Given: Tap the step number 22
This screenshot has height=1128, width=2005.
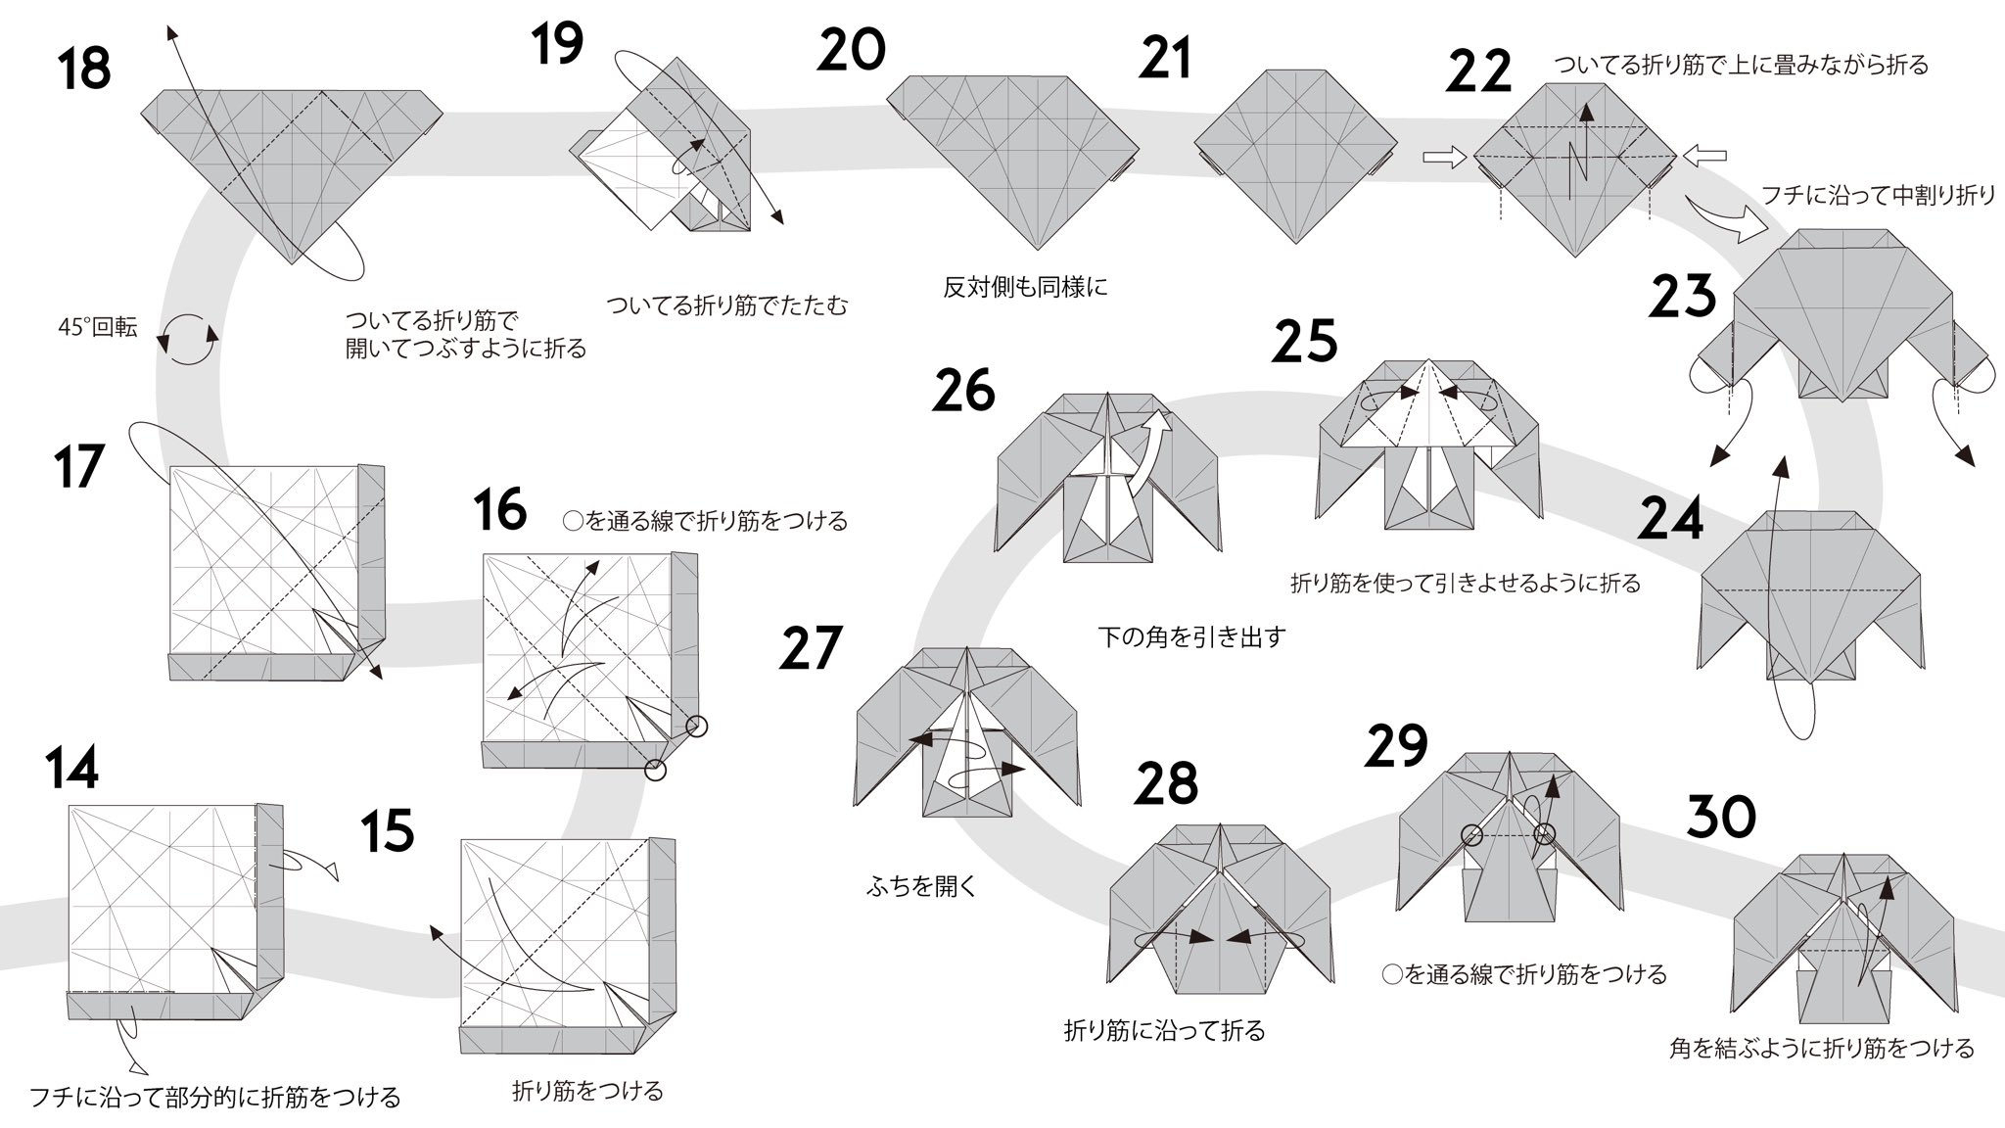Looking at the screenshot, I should (1478, 72).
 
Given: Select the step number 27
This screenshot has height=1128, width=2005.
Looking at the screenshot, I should (811, 648).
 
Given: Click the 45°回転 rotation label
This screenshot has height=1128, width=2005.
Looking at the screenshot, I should (98, 328).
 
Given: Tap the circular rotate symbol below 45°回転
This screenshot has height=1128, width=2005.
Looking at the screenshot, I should (187, 340).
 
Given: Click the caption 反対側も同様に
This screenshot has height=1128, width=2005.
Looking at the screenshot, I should (1025, 288).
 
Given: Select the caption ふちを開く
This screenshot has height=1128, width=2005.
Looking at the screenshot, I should (921, 887).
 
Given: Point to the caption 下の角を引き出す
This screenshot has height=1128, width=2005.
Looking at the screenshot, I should (1191, 637).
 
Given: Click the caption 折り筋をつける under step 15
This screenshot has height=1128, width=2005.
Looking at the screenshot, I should (587, 1091).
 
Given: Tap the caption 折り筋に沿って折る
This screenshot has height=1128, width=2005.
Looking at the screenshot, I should (1165, 1030).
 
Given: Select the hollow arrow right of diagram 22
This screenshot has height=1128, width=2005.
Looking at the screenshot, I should (1704, 155).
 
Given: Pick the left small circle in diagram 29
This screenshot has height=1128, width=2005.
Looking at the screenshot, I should (1471, 835).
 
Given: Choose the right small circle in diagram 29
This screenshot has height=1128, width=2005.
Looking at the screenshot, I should (1544, 835).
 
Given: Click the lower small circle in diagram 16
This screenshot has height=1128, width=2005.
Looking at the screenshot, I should (656, 771).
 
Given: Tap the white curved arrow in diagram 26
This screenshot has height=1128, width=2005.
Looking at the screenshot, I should (1146, 450).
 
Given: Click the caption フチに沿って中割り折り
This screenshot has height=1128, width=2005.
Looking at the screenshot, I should (1878, 196).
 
